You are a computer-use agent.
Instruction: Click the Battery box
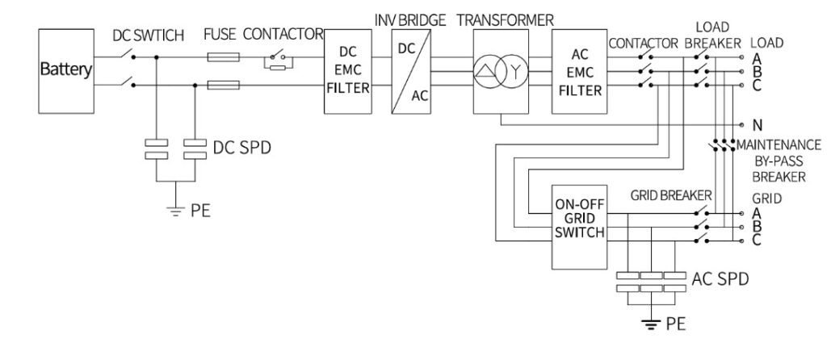pos(66,71)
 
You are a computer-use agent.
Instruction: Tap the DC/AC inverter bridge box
pos(411,71)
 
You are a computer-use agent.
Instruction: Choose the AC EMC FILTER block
pos(579,71)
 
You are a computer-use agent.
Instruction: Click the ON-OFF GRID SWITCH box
pos(579,227)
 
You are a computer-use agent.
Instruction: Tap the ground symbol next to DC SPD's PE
pos(174,211)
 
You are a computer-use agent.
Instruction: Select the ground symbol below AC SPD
pos(652,323)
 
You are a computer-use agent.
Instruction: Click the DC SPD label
pos(241,148)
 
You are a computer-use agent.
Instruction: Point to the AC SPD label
pos(720,278)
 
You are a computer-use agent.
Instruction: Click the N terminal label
pos(758,125)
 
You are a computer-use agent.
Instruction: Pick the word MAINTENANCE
pos(779,144)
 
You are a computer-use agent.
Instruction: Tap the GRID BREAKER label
pos(671,195)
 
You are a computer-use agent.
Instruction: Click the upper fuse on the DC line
pos(223,57)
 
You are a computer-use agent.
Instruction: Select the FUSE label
pos(220,35)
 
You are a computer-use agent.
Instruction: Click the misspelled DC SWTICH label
pos(149,36)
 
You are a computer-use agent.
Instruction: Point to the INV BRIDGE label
pos(410,20)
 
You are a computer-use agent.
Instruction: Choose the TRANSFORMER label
pos(506,20)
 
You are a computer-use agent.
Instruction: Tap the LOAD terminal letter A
pos(757,58)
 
